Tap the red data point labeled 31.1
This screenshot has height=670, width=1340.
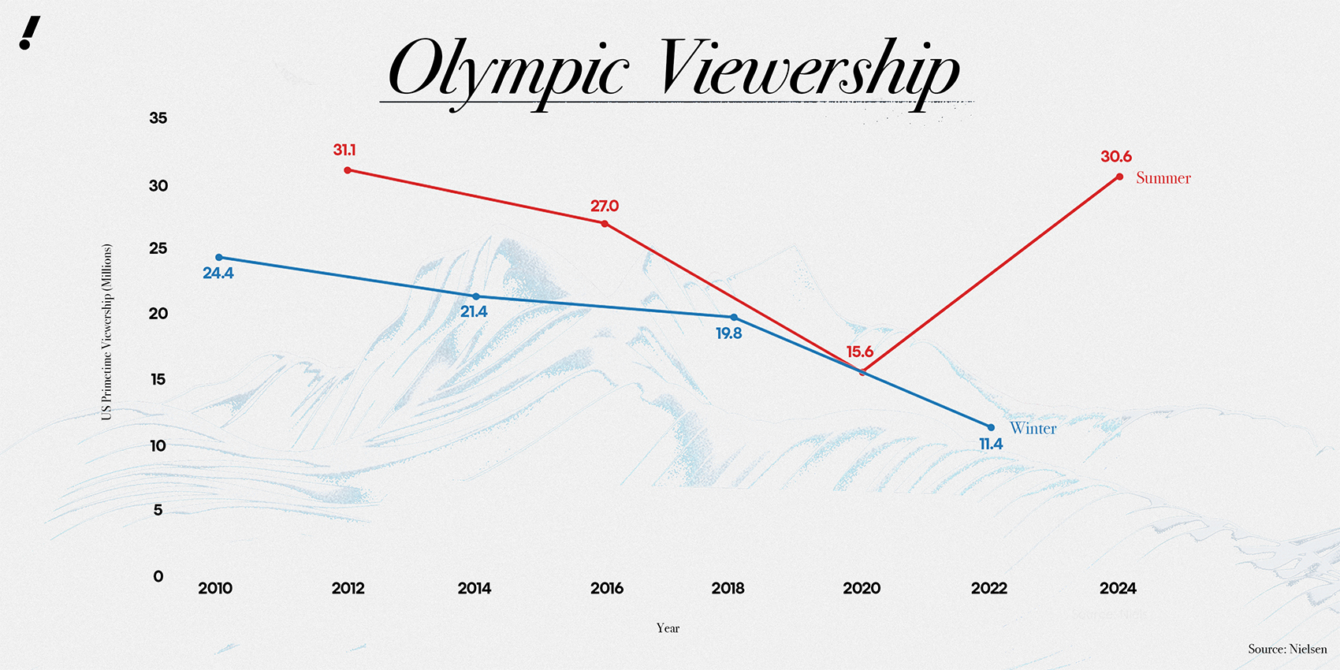348,170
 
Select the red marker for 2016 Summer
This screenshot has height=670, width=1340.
605,224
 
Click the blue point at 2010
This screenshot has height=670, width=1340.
219,258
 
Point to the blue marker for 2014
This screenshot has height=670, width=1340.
475,296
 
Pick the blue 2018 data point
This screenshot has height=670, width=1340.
734,318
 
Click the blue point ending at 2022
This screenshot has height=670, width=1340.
991,427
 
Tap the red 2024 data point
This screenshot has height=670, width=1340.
1119,177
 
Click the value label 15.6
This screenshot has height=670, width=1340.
859,352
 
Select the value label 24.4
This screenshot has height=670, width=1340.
218,274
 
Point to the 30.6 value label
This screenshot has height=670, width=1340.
1116,157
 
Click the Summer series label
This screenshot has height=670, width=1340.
1163,178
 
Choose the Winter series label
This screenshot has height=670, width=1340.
1033,428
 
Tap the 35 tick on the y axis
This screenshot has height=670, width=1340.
158,118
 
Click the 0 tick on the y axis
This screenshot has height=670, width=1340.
158,576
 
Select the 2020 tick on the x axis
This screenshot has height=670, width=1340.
862,588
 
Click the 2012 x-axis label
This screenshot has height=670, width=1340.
348,588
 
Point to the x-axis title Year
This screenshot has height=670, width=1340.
668,628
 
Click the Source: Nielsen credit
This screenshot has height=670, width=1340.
1287,649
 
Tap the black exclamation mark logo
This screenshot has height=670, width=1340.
29,33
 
